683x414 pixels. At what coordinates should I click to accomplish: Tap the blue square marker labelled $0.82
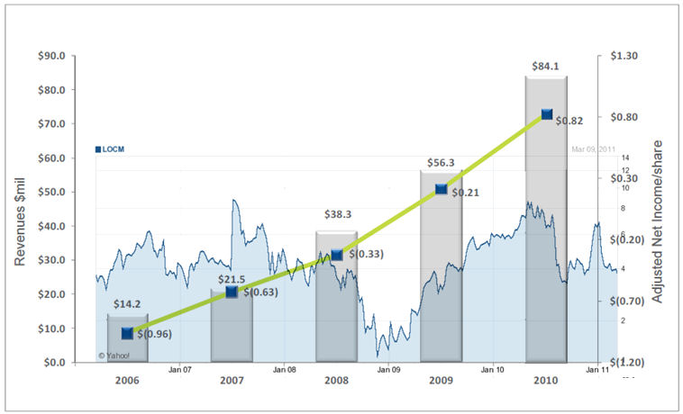[547, 114]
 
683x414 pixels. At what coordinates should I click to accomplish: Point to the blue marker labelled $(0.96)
[127, 333]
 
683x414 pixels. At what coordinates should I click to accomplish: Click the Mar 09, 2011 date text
[593, 149]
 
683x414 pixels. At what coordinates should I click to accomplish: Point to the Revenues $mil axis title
[19, 208]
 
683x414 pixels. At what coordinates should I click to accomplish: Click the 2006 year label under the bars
[127, 380]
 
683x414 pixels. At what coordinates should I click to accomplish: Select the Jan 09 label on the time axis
[388, 369]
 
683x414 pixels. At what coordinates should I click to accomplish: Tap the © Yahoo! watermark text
[115, 355]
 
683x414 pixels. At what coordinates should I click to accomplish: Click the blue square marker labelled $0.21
[442, 189]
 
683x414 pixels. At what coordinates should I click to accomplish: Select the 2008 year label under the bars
[336, 380]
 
